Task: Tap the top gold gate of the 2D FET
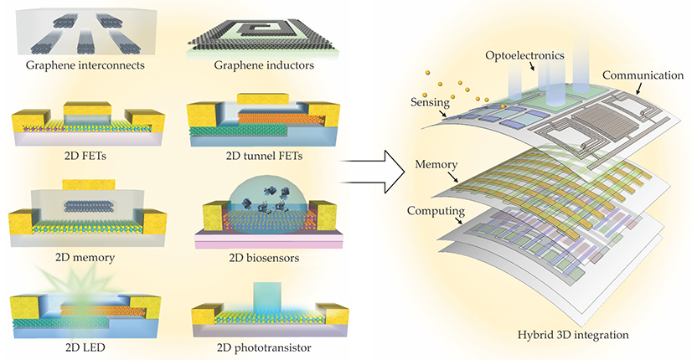point(81,109)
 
